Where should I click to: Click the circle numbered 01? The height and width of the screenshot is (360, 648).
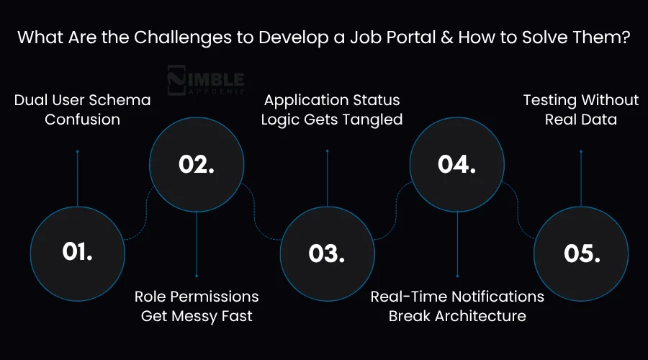click(x=77, y=251)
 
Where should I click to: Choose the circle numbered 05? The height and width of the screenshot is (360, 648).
click(x=582, y=253)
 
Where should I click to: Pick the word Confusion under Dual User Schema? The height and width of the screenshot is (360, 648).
click(x=82, y=120)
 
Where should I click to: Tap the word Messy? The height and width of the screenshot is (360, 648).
click(x=198, y=315)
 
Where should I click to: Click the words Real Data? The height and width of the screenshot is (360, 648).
click(x=580, y=120)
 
